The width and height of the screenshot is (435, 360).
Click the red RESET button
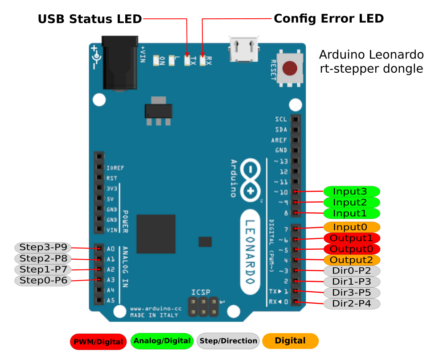290,68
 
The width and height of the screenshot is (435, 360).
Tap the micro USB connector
244,49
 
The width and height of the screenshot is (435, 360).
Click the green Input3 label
352,191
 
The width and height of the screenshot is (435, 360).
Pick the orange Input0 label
352,227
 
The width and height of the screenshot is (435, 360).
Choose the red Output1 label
352,238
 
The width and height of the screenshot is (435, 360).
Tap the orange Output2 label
352,260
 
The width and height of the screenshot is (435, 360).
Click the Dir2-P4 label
352,304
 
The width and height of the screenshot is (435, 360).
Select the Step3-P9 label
43,247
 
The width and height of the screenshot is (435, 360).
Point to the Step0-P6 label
43,280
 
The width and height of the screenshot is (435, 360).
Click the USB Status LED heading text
90,19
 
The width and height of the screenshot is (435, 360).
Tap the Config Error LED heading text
328,19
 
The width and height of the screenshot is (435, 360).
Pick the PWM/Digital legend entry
98,342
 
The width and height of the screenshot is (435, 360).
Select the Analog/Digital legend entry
162,341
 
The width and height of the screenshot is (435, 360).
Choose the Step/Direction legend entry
228,341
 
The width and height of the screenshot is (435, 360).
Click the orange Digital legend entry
290,341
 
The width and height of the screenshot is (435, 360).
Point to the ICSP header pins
203,306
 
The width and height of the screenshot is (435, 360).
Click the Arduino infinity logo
251,180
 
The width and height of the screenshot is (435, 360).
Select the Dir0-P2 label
352,271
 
